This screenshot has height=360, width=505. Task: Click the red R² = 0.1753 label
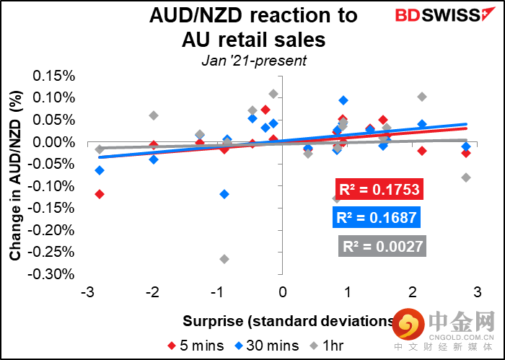click(x=378, y=189)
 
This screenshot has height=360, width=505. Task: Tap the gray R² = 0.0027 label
click(x=382, y=245)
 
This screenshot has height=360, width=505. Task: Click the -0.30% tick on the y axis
click(x=52, y=274)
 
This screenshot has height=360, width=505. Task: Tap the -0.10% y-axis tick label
click(x=52, y=186)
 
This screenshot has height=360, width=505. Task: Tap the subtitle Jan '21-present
click(x=252, y=61)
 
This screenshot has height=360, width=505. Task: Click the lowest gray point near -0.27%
click(x=224, y=259)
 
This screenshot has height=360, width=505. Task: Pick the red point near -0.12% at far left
click(x=100, y=193)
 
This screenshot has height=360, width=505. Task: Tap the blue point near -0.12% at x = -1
click(x=224, y=193)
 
